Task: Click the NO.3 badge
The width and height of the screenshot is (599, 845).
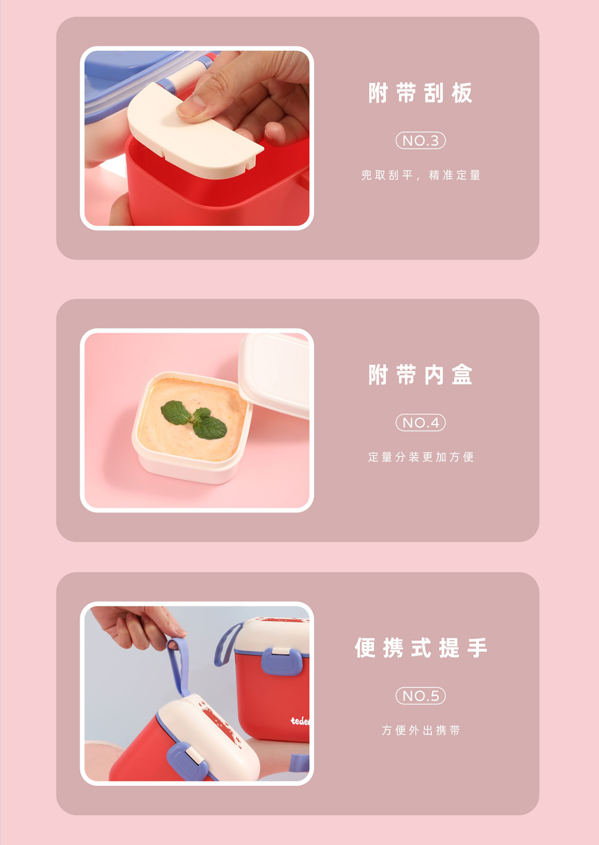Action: pyautogui.click(x=421, y=140)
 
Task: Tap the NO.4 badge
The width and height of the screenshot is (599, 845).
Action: pyautogui.click(x=421, y=422)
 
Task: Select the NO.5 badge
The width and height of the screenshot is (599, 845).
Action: pyautogui.click(x=421, y=696)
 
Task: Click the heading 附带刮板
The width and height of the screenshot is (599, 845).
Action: pyautogui.click(x=420, y=93)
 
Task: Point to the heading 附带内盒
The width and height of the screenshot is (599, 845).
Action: pyautogui.click(x=420, y=375)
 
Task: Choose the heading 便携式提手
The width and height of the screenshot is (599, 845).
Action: pyautogui.click(x=421, y=648)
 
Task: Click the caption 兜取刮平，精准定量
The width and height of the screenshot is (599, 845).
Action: pyautogui.click(x=421, y=175)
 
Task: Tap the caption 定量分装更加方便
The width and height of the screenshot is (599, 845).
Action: pyautogui.click(x=421, y=457)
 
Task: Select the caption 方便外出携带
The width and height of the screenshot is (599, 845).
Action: pyautogui.click(x=421, y=731)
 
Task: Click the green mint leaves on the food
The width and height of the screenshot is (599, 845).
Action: pyautogui.click(x=194, y=419)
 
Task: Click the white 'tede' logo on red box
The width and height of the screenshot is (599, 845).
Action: pyautogui.click(x=300, y=721)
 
